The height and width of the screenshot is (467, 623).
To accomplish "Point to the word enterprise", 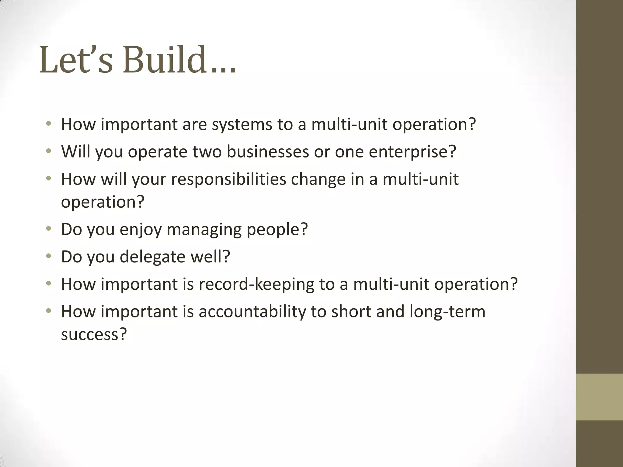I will pyautogui.click(x=412, y=152).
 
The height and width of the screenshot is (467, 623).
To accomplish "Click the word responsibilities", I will pyautogui.click(x=228, y=179).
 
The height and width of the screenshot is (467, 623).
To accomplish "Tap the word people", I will pyautogui.click(x=277, y=230).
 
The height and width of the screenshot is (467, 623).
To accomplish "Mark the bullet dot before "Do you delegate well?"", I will pyautogui.click(x=48, y=256).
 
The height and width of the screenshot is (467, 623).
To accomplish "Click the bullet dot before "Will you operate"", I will pyautogui.click(x=48, y=151).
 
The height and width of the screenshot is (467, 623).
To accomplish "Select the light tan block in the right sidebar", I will pyautogui.click(x=599, y=397).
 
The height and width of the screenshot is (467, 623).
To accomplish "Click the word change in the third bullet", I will pyautogui.click(x=318, y=179).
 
